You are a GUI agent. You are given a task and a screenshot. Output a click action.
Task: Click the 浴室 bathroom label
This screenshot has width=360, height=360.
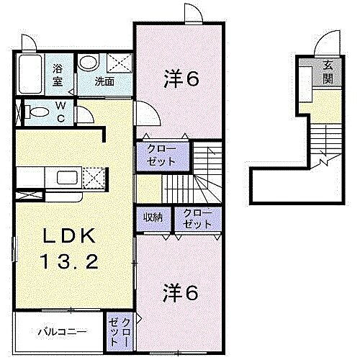(58, 75)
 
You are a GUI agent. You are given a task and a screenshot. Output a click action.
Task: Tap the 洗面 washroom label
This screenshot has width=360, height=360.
(104, 81)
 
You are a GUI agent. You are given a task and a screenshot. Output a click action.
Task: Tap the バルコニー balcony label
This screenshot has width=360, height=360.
(63, 332)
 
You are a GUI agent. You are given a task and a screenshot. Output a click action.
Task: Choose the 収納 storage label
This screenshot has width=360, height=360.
(152, 217)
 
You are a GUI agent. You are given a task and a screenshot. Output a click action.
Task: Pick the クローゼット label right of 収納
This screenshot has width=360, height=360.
(197, 217)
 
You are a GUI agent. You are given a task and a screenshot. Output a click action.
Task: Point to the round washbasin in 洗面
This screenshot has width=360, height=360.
(88, 63)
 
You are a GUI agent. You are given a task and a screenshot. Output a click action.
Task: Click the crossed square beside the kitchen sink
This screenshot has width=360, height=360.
(94, 177)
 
